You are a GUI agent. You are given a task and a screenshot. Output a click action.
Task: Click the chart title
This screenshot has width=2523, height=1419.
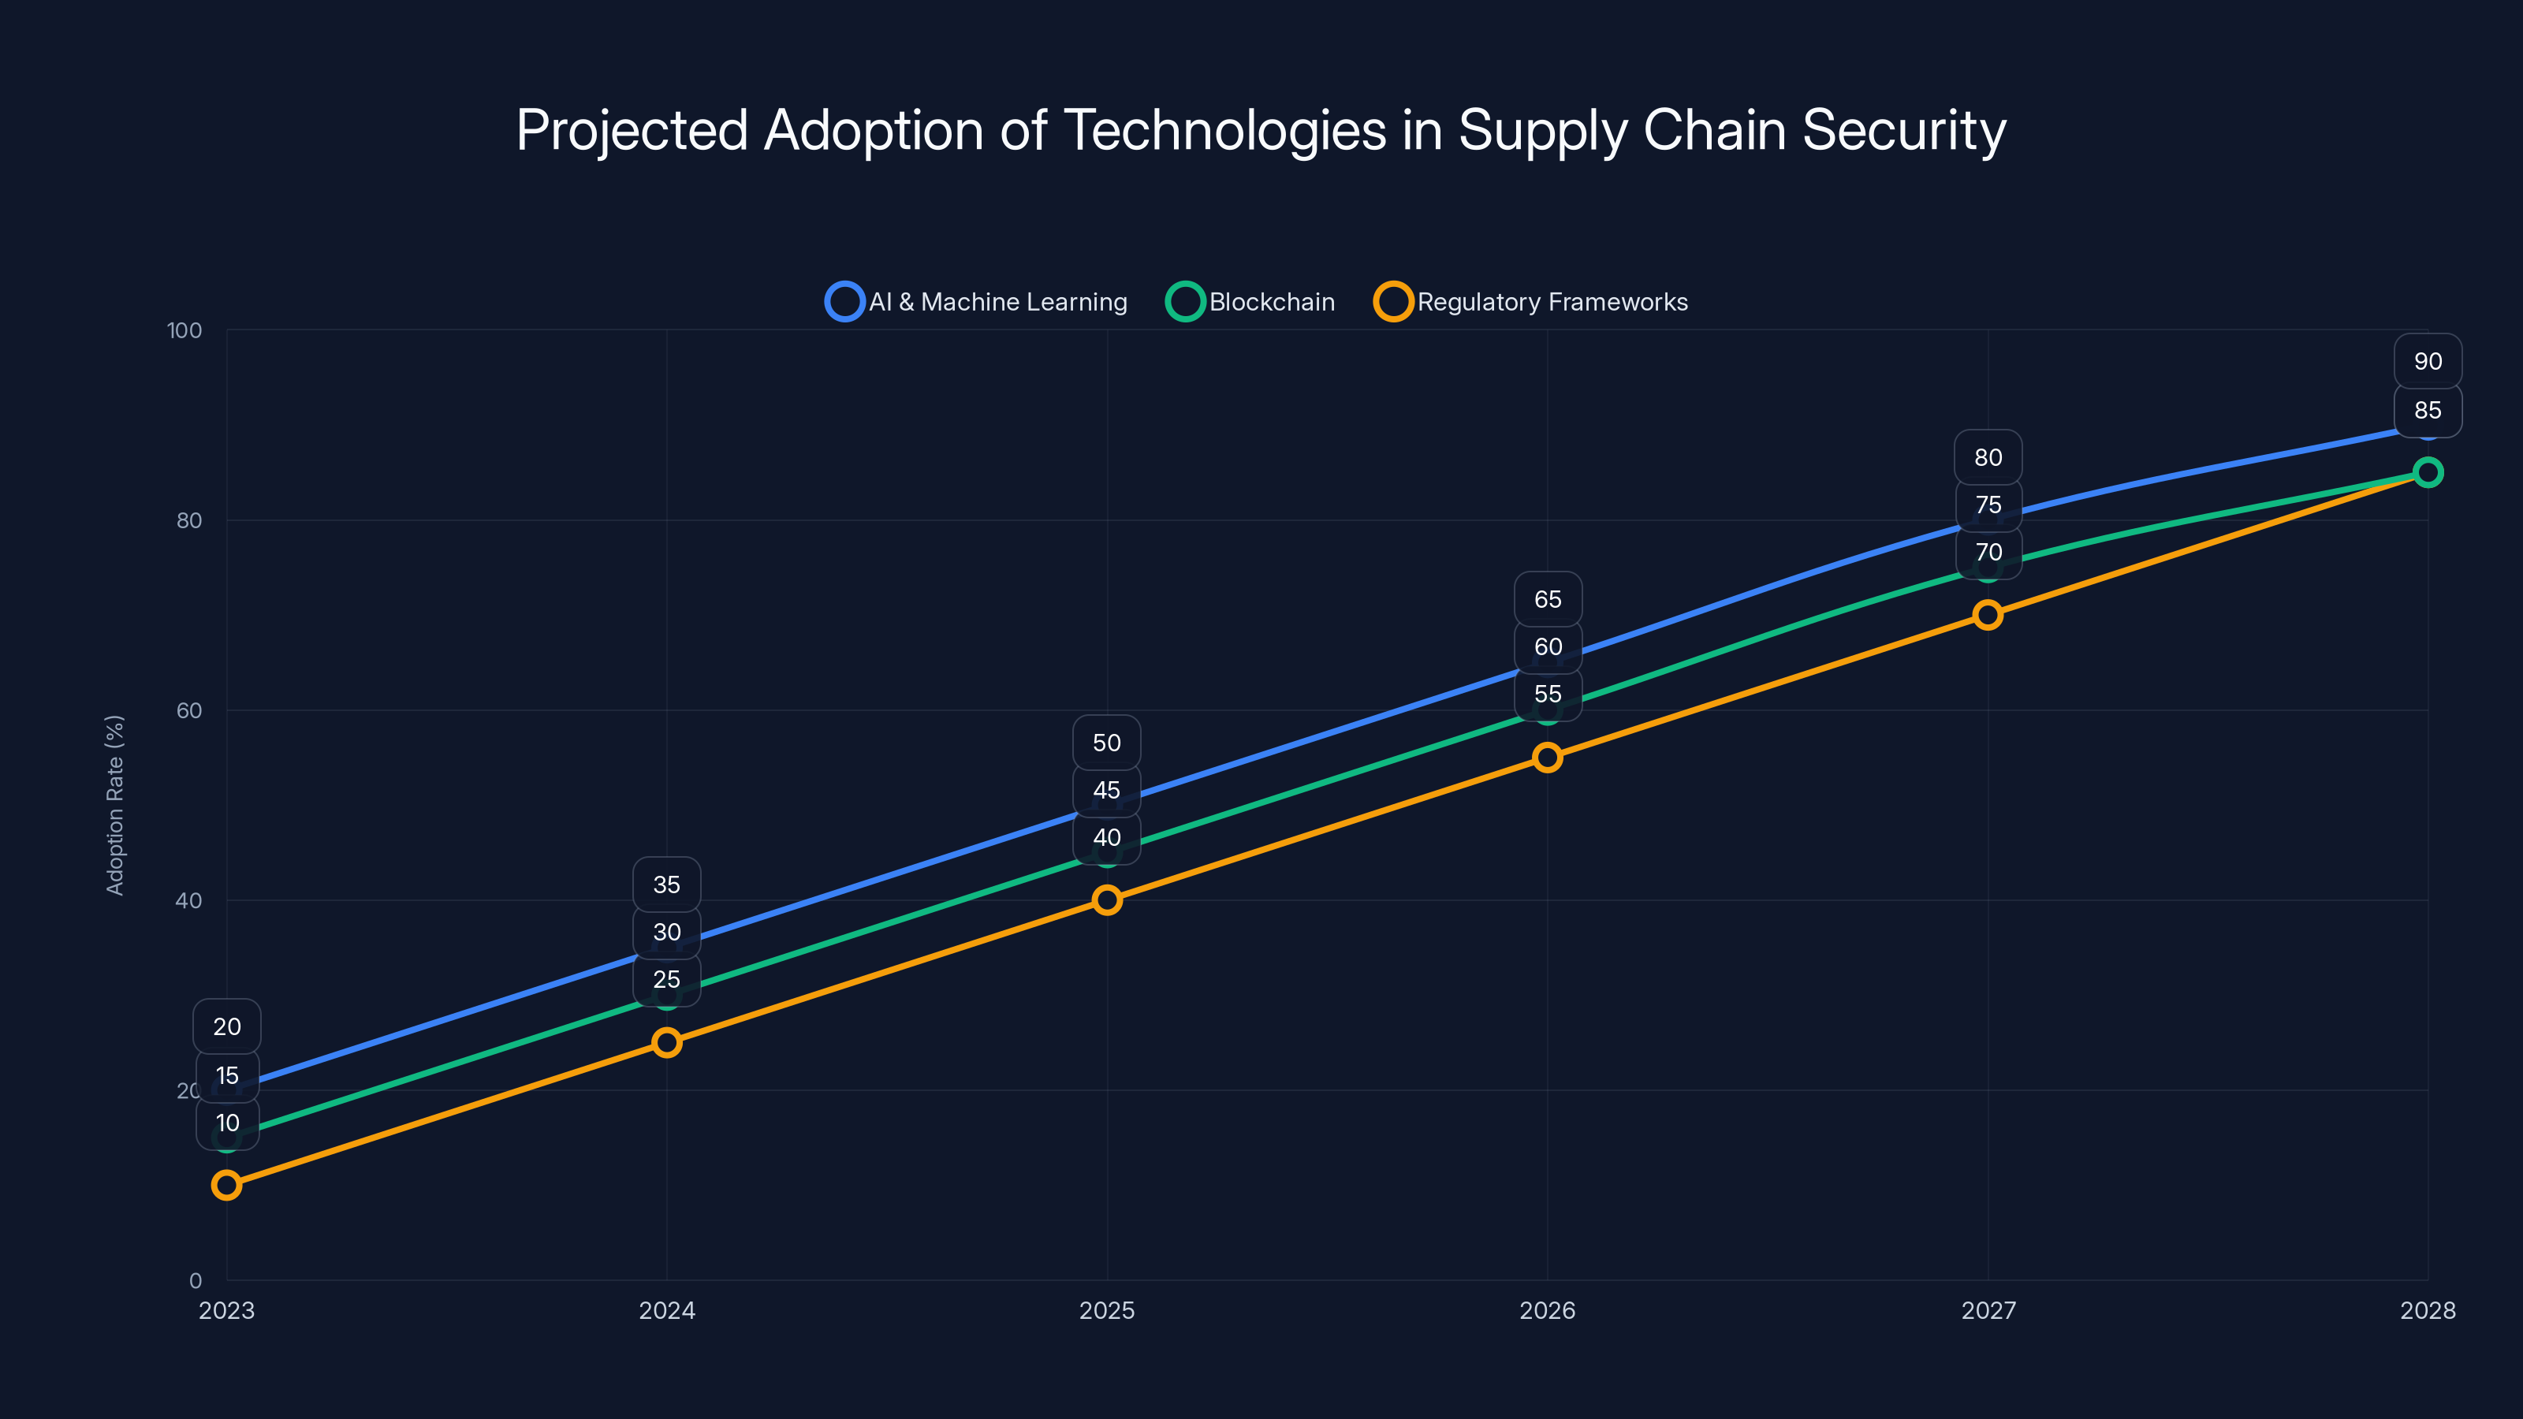tap(1261, 130)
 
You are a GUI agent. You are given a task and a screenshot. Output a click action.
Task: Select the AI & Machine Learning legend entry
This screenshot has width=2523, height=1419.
tap(977, 302)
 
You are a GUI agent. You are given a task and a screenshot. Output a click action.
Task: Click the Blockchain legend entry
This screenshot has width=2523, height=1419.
tap(1250, 302)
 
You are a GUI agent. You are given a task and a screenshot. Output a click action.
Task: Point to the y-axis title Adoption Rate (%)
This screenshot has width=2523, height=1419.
tap(114, 805)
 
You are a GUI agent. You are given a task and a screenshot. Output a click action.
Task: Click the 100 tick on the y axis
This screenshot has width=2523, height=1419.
tap(184, 331)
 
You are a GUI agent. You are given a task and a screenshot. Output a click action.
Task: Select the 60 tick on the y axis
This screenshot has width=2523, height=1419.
tap(189, 711)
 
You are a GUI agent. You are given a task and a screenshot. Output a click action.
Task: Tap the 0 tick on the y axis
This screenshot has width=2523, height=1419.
tap(195, 1281)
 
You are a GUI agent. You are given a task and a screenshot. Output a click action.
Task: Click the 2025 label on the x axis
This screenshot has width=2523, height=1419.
tap(1107, 1311)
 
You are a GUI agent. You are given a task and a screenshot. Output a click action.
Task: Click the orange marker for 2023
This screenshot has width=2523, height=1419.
tap(226, 1186)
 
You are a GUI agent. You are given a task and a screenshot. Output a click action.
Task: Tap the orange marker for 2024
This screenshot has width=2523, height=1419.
tap(667, 1043)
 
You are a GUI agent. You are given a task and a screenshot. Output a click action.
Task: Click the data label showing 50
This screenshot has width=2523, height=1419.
tap(1107, 743)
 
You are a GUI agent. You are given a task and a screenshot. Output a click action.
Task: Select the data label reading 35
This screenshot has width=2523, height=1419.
tap(667, 885)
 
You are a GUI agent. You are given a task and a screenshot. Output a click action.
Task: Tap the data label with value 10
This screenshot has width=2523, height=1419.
tap(227, 1123)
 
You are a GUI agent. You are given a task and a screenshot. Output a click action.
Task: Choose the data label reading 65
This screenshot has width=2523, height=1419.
tap(1548, 599)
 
